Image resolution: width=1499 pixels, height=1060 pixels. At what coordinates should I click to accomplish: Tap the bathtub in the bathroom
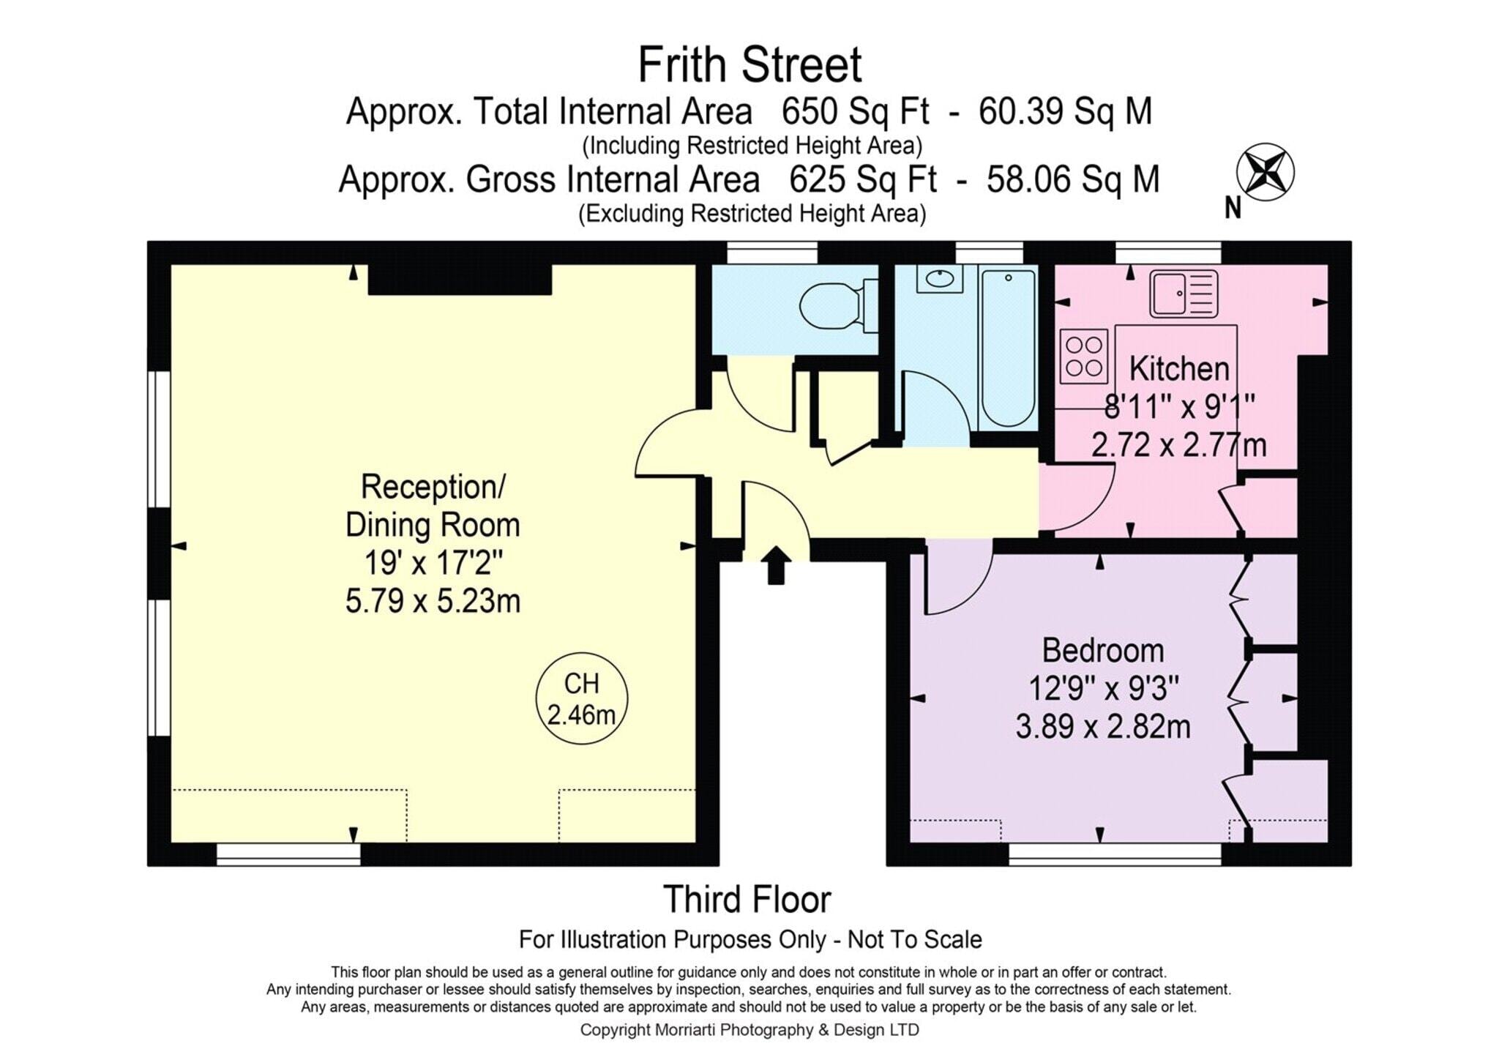pos(1008,348)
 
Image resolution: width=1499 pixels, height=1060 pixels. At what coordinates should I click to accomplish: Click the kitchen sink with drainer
pos(1184,294)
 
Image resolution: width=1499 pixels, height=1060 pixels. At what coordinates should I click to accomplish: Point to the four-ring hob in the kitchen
pos(1084,357)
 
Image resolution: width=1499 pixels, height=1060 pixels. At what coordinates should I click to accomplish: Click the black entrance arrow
pos(776,565)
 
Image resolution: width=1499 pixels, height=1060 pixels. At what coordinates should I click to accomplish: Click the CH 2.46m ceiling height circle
pos(582,698)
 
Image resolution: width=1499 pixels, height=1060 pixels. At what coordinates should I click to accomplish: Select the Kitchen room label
pos(1179,368)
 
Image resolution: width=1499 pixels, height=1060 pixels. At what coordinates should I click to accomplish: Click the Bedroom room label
pos(1103,650)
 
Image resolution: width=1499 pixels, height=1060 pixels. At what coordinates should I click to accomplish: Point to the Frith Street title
pos(750,64)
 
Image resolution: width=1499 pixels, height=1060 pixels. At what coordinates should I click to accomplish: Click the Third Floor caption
pos(747,900)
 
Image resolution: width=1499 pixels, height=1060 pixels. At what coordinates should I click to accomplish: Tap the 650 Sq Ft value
pos(856,112)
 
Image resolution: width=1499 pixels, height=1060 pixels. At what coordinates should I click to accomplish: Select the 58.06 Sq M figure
pos(1073,179)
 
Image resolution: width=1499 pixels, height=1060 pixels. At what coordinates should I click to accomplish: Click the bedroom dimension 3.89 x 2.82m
pos(1103,727)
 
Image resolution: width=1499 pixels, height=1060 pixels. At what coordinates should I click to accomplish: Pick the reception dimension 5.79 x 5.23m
pos(433,601)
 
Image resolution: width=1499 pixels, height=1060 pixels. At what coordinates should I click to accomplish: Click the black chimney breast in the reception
pos(460,280)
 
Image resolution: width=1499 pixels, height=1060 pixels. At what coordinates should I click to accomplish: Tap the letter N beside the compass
pos(1233,209)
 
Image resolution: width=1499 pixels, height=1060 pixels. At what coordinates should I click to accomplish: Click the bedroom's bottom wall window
pos(1115,854)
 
